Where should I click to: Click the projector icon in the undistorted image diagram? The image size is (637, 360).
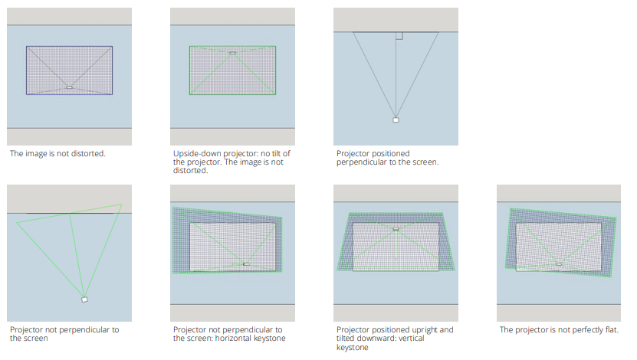click(x=70, y=87)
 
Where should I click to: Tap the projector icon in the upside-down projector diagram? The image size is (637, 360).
click(x=232, y=53)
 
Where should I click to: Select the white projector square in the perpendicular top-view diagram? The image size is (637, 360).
click(x=396, y=119)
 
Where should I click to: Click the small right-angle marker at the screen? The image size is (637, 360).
click(x=399, y=36)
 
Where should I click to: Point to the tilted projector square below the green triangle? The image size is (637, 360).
click(x=84, y=299)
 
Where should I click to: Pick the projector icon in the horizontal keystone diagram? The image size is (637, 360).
click(x=246, y=264)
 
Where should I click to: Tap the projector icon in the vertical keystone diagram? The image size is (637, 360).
click(x=396, y=229)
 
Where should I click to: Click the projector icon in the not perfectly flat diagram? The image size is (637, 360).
click(x=559, y=264)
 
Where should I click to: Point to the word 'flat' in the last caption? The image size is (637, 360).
click(x=611, y=329)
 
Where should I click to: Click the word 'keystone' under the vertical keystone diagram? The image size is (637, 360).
click(x=352, y=348)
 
